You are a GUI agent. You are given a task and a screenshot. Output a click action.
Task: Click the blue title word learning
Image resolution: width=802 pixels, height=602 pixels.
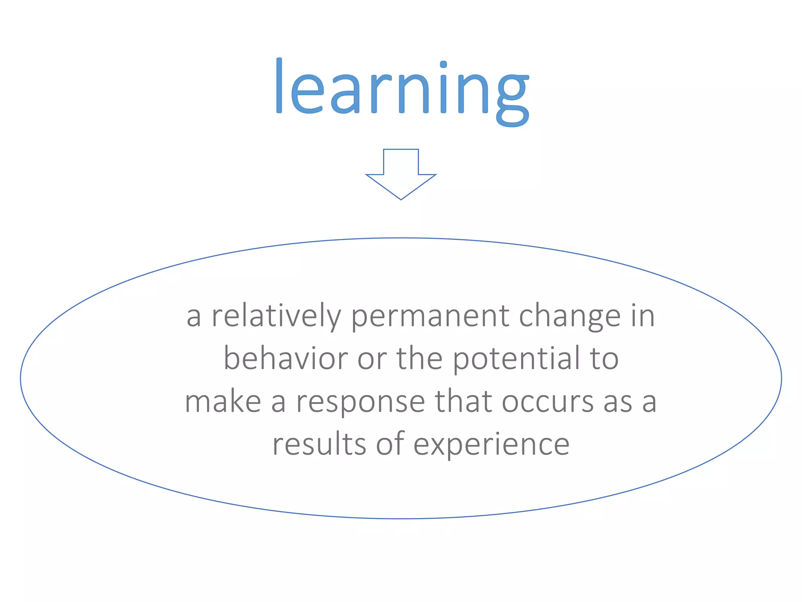click(x=402, y=90)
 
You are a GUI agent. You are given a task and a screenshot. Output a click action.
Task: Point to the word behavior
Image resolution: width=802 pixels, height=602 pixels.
click(x=285, y=359)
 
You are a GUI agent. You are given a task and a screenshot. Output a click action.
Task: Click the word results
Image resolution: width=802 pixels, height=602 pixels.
click(x=319, y=445)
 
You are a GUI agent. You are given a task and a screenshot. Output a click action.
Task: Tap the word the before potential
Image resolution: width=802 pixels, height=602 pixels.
click(x=419, y=359)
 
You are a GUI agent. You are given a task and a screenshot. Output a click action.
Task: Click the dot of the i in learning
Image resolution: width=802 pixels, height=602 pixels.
click(x=443, y=64)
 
